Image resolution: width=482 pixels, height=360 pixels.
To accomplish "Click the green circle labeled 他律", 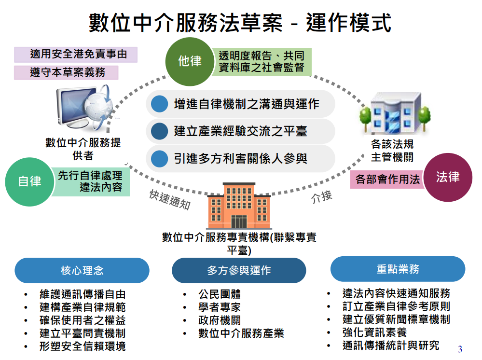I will tap(190, 61).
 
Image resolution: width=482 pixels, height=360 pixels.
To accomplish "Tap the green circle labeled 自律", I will tap(29, 181).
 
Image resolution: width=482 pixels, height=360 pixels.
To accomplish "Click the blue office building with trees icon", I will tap(394, 114).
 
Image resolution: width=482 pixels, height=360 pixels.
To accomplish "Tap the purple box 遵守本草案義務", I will tap(67, 72).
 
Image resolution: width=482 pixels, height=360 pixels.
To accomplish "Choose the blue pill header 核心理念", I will tap(82, 270).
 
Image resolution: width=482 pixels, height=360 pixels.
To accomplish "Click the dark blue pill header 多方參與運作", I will tap(239, 270).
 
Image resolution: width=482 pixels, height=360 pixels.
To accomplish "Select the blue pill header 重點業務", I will tap(398, 269).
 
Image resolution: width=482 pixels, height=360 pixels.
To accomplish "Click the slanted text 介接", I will tap(322, 197).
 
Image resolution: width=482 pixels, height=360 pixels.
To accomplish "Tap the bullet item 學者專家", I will tap(220, 307).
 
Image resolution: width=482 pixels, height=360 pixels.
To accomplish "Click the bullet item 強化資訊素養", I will tap(374, 332).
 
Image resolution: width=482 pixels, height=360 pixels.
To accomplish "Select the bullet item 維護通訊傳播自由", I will tap(83, 294).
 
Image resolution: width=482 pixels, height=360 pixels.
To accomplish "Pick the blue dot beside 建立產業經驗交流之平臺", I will tap(158, 131).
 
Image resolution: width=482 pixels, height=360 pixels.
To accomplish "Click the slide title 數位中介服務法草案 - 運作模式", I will tap(240, 23).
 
